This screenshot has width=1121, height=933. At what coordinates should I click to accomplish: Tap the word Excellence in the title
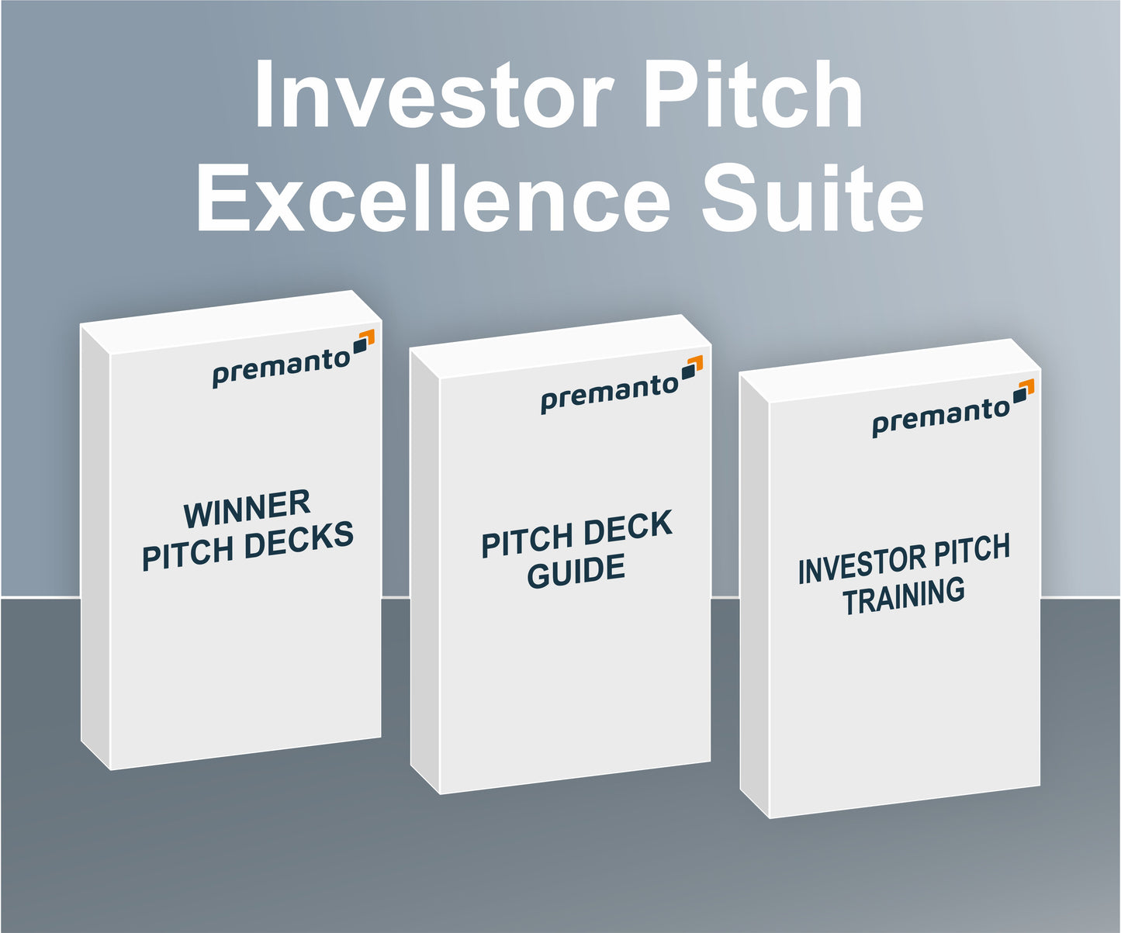pos(433,199)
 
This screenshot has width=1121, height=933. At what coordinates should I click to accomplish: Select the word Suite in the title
pos(812,199)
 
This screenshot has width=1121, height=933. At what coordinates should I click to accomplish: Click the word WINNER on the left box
pos(247,509)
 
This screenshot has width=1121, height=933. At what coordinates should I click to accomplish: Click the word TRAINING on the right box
pos(904,596)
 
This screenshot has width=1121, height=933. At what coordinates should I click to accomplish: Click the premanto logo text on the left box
pos(281,368)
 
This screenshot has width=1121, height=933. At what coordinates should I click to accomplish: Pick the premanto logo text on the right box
pos(940,417)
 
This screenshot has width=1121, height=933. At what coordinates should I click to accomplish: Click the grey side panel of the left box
pos(95,543)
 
